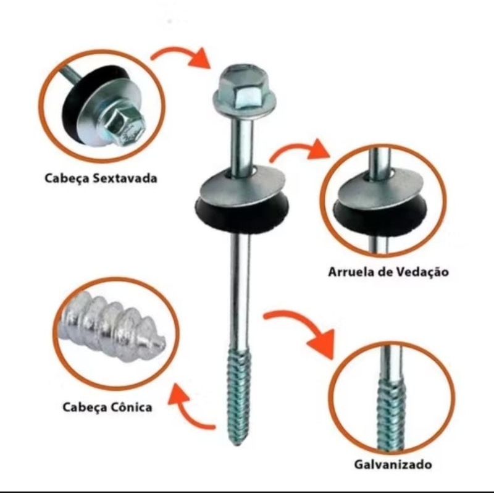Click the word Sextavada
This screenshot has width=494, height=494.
(x=125, y=178)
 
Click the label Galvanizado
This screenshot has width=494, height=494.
(x=393, y=464)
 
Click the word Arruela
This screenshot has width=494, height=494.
(x=349, y=271)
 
